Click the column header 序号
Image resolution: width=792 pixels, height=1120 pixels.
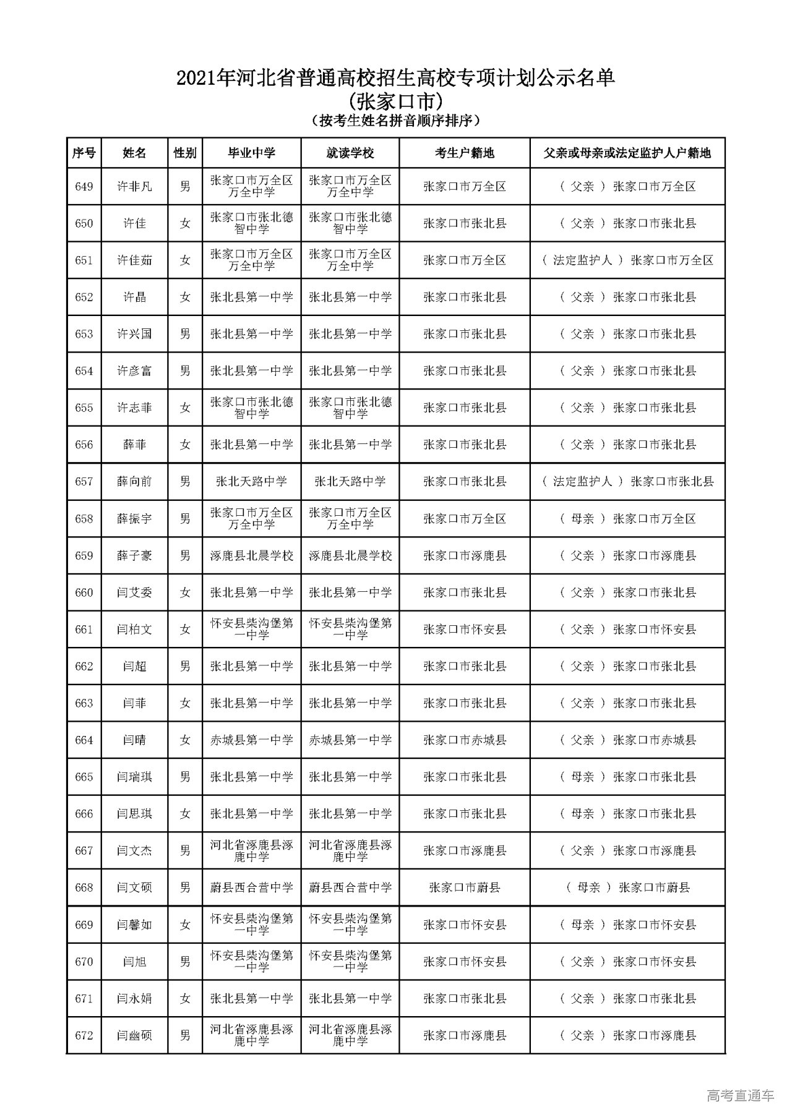(84, 153)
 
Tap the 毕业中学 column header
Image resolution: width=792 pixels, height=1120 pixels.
(251, 153)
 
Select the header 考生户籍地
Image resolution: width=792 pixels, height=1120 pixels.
(464, 153)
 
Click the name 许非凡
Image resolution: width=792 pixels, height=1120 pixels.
(134, 187)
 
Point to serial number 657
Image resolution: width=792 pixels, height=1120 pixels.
(84, 482)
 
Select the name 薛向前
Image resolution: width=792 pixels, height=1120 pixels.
(134, 482)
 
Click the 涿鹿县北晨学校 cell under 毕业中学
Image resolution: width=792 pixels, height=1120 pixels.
(251, 556)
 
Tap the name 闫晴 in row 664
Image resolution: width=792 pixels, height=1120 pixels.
(134, 740)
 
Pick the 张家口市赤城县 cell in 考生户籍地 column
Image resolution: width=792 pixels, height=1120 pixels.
(464, 740)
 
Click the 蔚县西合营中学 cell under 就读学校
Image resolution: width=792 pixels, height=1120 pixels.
(350, 888)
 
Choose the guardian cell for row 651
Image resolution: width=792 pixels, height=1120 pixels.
(627, 260)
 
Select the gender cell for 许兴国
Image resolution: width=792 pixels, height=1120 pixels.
(185, 335)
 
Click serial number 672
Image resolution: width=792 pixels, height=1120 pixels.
(84, 1035)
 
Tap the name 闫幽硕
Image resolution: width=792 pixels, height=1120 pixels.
(134, 1035)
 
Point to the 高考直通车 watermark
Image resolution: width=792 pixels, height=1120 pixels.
(740, 1096)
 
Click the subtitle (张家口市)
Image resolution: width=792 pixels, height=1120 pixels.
(396, 100)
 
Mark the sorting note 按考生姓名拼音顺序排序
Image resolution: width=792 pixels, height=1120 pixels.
(396, 121)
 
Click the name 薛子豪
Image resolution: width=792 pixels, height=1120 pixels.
(134, 556)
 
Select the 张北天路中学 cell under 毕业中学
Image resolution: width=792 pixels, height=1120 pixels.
(251, 482)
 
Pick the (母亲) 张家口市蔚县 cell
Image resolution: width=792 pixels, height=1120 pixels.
(627, 888)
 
